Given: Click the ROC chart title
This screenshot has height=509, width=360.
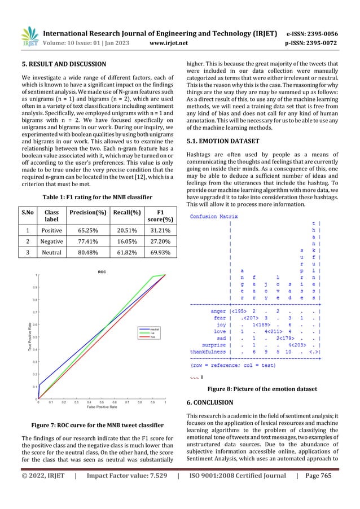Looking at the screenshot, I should click(x=102, y=272).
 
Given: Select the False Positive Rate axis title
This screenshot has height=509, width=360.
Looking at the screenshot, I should click(x=102, y=406).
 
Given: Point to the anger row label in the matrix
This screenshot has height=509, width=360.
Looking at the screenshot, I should click(x=218, y=310).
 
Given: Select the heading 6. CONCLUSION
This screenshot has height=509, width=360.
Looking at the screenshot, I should click(x=213, y=403).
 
